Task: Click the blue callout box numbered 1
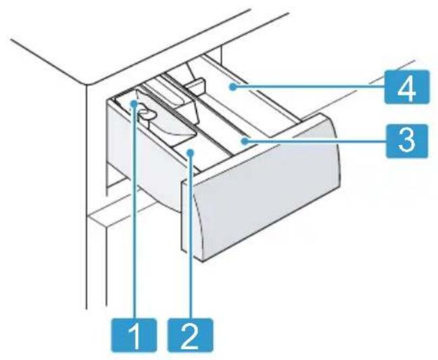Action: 134,334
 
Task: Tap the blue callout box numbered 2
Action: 190,334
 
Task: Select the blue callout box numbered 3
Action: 407,141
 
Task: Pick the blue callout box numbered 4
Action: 407,87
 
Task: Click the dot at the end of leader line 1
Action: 134,104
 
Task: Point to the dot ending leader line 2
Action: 191,152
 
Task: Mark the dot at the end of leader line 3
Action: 245,141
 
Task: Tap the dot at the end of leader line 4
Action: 232,87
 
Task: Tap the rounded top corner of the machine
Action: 89,84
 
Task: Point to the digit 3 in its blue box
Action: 407,141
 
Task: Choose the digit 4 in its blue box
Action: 407,87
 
